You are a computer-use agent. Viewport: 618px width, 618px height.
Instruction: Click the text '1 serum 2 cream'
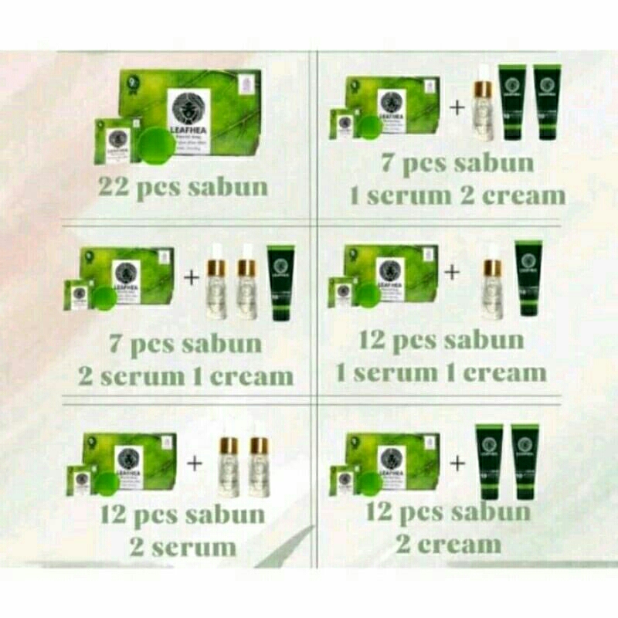pos(457,195)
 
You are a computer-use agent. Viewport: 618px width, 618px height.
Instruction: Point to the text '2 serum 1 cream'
pos(185,376)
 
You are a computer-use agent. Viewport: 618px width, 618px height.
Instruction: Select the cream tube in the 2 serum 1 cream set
pos(280,282)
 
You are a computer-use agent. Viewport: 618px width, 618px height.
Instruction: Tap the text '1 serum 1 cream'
pos(441,373)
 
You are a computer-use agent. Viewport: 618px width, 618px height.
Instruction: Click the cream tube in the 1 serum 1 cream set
pos(528,278)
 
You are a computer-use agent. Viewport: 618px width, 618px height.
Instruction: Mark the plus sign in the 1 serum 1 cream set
pos(452,272)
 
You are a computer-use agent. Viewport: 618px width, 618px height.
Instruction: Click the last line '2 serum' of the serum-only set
pos(183,548)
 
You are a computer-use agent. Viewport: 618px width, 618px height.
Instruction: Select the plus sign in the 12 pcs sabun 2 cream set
pos(457,463)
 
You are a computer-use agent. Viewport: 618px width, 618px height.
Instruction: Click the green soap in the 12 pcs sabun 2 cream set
pos(370,480)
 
